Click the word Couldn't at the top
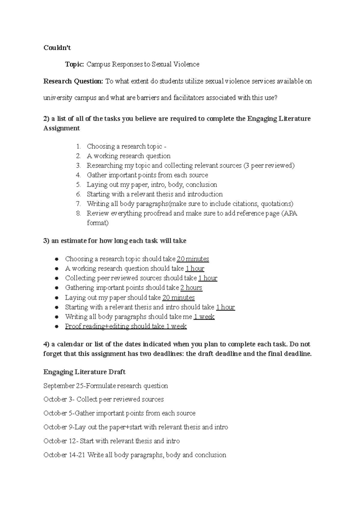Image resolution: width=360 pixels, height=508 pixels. coord(57,48)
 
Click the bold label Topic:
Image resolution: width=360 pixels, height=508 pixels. coord(75,64)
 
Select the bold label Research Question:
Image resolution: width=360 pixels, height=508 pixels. coord(73,81)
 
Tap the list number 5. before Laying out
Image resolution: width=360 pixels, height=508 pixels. coord(79,184)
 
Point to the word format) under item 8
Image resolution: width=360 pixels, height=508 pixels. coord(97,223)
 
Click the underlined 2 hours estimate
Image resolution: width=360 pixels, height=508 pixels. coord(191,288)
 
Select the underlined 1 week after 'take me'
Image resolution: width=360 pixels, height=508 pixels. coord(204,317)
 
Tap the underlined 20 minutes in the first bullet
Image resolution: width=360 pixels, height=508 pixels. coord(193,259)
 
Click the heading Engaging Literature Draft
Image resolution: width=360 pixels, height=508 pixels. coord(84,372)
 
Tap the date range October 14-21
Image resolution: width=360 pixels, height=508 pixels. coord(64,455)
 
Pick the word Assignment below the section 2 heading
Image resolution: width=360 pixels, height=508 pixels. coord(61,128)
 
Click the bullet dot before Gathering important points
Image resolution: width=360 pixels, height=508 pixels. coord(57,288)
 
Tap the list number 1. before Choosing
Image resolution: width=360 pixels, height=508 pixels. coord(79,146)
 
